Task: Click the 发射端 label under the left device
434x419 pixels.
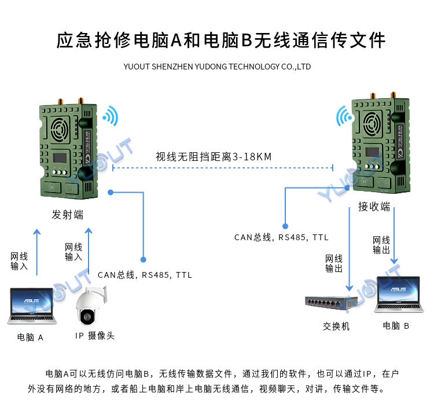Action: click(x=68, y=215)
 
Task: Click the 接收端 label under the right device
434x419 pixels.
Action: click(x=374, y=207)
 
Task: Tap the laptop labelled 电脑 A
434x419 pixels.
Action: click(x=32, y=306)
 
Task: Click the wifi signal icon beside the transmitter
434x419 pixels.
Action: click(x=110, y=116)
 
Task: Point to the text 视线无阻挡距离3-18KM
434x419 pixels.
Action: click(x=214, y=157)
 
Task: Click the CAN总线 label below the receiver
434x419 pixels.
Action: click(x=281, y=237)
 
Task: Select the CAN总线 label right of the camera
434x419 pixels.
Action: click(x=145, y=275)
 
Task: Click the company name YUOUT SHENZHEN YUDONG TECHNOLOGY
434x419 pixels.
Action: click(x=217, y=67)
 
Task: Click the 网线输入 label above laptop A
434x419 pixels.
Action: click(x=19, y=261)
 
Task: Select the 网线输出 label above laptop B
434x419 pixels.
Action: click(x=381, y=245)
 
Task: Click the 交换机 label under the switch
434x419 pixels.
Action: click(x=336, y=326)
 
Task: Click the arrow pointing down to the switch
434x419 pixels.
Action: click(x=350, y=249)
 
